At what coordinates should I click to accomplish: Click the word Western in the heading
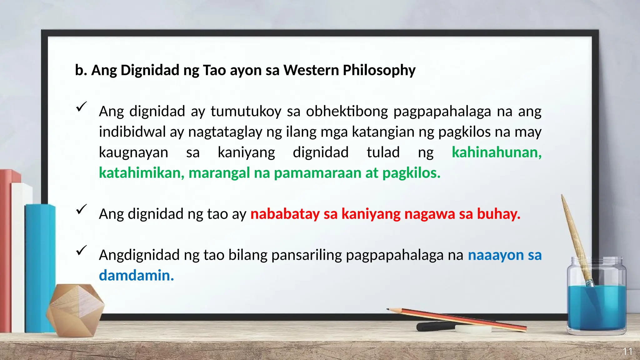(311, 70)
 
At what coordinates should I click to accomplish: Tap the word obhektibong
(347, 111)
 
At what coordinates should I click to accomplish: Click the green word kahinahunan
(496, 152)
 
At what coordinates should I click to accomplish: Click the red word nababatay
(285, 214)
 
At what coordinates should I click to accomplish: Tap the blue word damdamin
(136, 275)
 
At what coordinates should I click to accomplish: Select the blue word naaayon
(496, 255)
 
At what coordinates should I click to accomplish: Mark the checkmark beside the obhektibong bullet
(81, 107)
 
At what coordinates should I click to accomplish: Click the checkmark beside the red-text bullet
(81, 209)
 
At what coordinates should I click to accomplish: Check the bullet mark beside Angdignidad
(81, 250)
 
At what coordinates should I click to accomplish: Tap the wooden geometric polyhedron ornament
(75, 310)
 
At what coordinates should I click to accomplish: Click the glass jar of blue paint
(596, 300)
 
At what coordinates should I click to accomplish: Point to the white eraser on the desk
(473, 329)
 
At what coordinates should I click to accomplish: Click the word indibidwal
(132, 132)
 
